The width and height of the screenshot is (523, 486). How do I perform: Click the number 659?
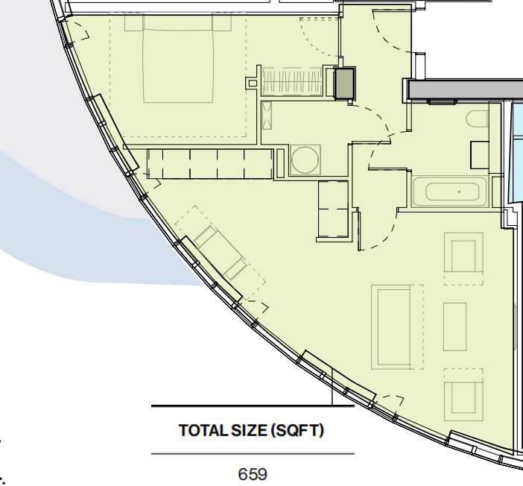[253, 474]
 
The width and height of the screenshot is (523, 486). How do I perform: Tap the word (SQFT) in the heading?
[297, 430]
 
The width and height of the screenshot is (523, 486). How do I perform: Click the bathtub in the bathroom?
[450, 192]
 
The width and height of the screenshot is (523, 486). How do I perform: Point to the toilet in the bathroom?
[478, 119]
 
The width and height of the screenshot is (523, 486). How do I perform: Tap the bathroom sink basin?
[480, 155]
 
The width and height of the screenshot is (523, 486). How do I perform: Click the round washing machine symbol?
[305, 160]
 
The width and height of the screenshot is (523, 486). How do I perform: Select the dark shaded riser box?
[344, 83]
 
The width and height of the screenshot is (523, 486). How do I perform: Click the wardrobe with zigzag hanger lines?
[292, 81]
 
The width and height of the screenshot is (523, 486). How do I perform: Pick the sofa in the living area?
[391, 327]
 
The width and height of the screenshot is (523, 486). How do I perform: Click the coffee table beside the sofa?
[454, 326]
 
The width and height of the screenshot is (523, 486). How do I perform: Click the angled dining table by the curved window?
[220, 253]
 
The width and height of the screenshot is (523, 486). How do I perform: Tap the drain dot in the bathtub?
[459, 192]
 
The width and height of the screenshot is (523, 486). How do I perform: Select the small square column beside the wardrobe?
[253, 83]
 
